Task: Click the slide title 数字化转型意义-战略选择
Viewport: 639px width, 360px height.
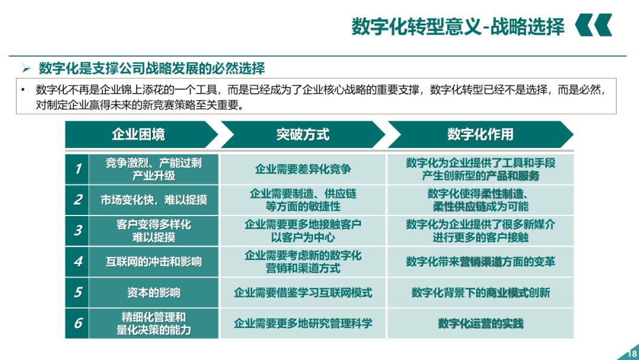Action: pos(458,27)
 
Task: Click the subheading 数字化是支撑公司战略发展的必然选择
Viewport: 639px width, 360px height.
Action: pos(151,68)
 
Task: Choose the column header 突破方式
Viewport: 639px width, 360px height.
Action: pos(302,134)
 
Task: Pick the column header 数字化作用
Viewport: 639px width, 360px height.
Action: pos(480,134)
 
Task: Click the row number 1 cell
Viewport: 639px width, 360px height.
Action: pos(78,169)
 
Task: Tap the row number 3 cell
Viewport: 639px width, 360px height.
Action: pos(78,231)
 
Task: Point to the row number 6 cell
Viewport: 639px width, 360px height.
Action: pos(78,323)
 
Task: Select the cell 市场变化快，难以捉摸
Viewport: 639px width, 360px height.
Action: pos(154,200)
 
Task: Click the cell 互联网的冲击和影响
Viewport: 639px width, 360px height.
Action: pos(154,262)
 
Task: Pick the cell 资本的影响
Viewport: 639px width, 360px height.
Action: pos(154,292)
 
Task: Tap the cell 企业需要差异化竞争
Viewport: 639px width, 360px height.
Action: pos(303,169)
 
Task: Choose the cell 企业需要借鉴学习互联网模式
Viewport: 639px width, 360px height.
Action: pos(303,292)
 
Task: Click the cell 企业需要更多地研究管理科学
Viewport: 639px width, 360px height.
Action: pos(303,323)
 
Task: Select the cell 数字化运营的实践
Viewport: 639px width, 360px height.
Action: pos(480,323)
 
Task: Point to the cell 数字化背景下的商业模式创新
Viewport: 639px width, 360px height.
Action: pos(480,292)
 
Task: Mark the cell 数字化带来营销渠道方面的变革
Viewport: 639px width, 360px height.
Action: pos(480,262)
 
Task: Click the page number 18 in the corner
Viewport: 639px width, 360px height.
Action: pos(631,355)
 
